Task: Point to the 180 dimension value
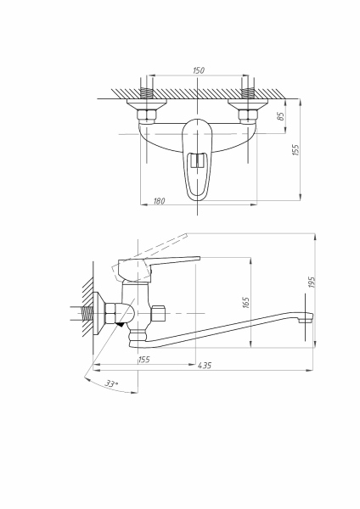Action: (160, 200)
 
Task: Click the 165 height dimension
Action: (247, 301)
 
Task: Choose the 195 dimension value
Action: (312, 283)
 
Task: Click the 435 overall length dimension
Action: (204, 366)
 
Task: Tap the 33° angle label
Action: (110, 384)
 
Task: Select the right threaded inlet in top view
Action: (250, 91)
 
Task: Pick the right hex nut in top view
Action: (250, 109)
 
